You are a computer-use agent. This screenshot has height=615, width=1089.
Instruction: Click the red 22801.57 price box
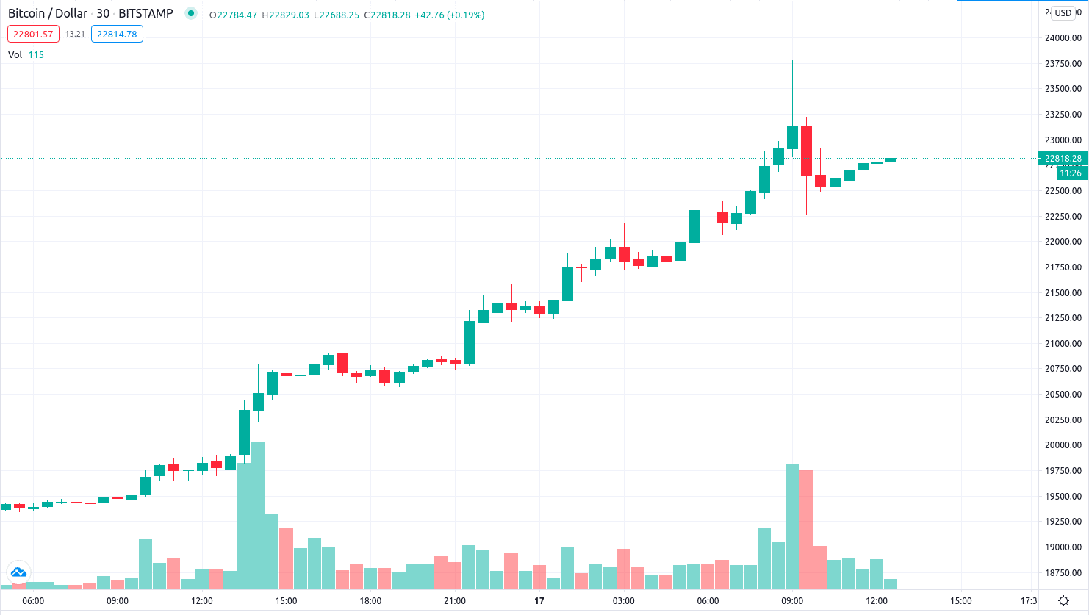(33, 34)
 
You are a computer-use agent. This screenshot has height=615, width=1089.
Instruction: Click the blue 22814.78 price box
(117, 34)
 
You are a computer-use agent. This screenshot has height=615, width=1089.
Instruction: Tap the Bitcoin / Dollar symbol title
(48, 13)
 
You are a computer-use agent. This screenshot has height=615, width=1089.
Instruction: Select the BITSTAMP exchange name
(145, 13)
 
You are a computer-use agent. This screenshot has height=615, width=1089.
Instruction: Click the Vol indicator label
(15, 54)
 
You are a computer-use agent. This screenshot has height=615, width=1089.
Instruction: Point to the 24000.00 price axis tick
(1063, 38)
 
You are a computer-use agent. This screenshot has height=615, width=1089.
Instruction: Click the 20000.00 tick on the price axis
(1063, 445)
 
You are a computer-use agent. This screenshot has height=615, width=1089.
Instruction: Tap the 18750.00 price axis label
(1063, 573)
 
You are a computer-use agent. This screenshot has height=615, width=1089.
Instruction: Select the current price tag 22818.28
(1063, 158)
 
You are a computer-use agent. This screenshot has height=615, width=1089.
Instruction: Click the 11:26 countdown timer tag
(1071, 173)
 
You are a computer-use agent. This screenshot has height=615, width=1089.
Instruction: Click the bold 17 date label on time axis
(539, 601)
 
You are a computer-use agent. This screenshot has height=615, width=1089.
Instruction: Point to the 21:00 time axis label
(455, 601)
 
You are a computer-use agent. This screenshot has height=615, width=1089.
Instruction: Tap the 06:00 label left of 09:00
(33, 601)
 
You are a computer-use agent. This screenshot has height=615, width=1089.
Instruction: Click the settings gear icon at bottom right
(1063, 601)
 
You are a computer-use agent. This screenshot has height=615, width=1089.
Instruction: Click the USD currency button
(1063, 12)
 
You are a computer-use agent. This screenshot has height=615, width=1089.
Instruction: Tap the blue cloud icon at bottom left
(18, 572)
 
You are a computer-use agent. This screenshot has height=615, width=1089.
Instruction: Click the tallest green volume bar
(258, 514)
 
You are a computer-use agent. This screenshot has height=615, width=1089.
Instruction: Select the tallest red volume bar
(806, 529)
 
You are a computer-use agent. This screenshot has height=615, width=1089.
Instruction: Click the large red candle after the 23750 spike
(806, 151)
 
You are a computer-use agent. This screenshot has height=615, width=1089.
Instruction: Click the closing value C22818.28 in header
(387, 15)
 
